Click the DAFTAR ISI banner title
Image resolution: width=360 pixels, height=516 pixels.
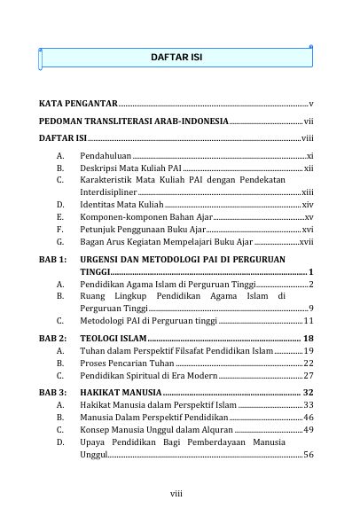(177, 57)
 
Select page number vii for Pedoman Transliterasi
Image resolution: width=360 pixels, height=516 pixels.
(308, 121)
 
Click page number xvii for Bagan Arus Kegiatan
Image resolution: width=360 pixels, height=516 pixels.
(306, 241)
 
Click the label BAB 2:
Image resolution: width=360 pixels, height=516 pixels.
(53, 339)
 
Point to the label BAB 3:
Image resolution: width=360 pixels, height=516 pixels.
(53, 390)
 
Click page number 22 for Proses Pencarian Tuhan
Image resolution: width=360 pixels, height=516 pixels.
(308, 364)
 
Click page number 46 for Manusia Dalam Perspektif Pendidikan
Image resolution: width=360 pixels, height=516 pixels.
(308, 416)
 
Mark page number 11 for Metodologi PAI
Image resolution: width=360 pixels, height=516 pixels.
(308, 320)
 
